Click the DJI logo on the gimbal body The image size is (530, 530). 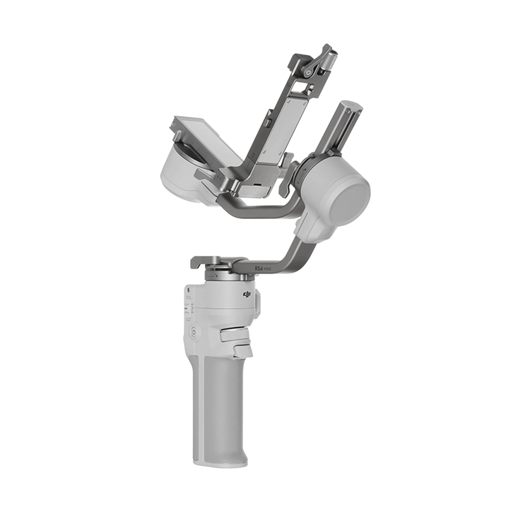pyautogui.click(x=247, y=293)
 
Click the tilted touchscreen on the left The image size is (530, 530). pyautogui.click(x=205, y=141)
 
